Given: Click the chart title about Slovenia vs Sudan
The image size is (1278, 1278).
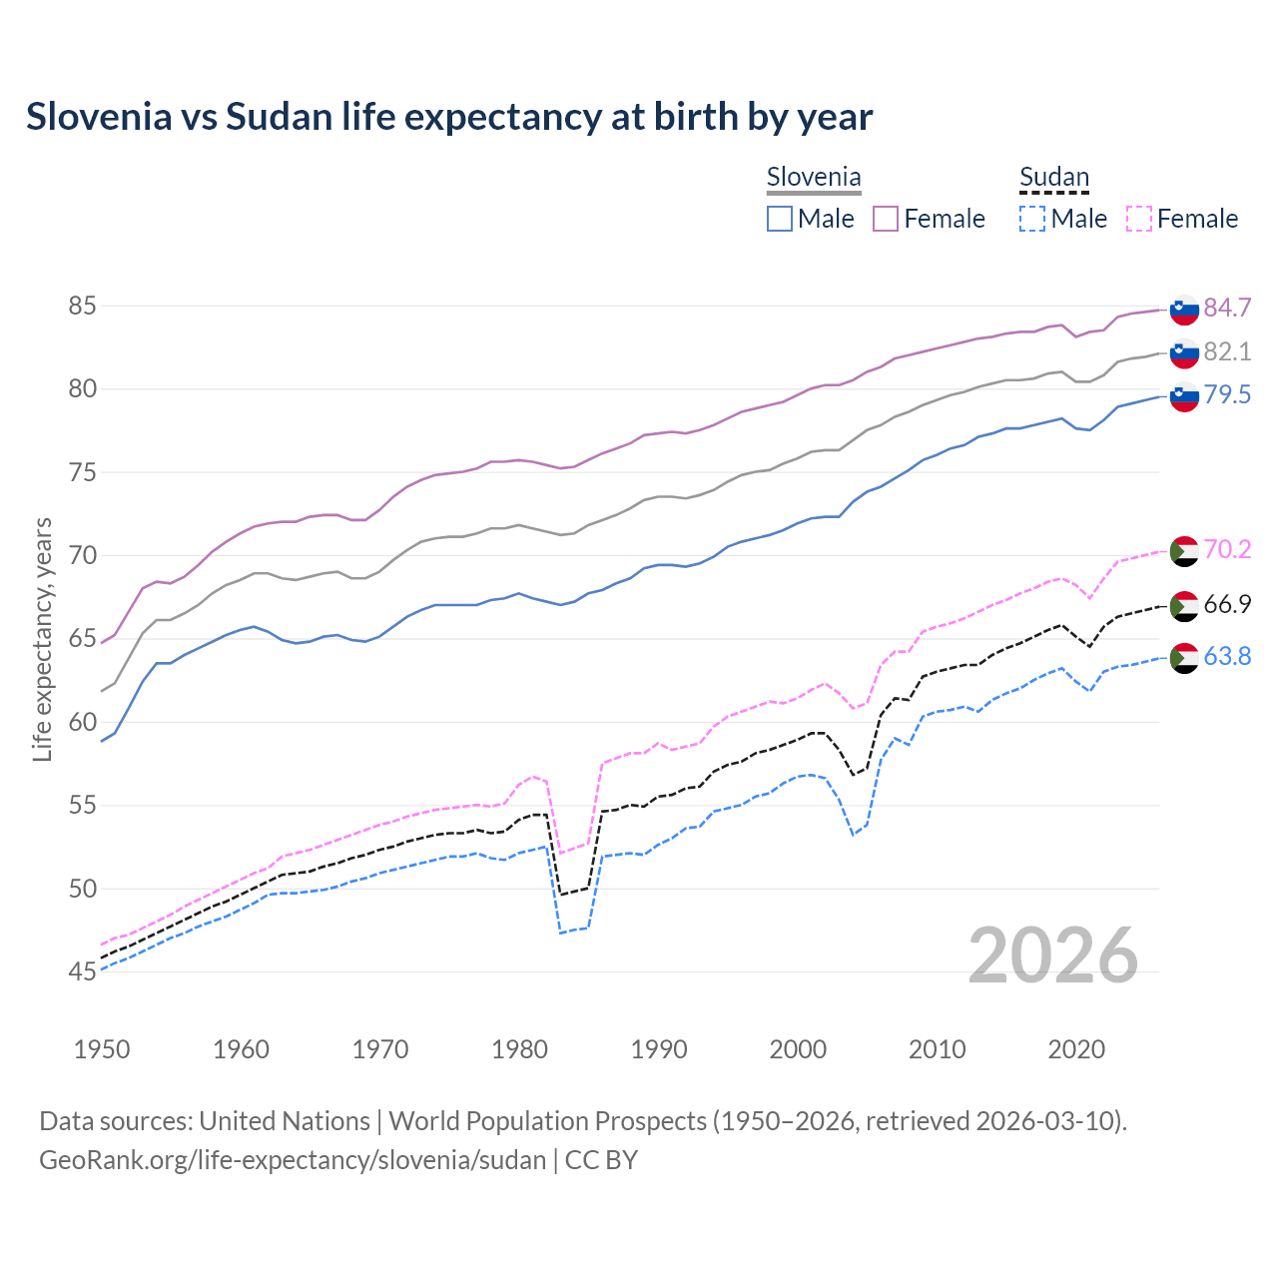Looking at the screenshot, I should [449, 117].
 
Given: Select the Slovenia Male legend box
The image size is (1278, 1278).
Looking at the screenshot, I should [780, 219].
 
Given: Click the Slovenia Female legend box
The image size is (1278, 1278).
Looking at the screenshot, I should [886, 219].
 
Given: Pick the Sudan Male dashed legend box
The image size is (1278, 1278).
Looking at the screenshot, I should [1032, 219].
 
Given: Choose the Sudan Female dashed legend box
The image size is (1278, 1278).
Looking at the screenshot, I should [1139, 219].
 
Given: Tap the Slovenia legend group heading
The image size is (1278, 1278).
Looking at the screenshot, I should [814, 178].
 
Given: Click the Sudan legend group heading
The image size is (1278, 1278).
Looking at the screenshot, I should [1054, 178].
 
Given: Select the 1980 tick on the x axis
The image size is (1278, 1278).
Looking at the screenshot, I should [520, 1049].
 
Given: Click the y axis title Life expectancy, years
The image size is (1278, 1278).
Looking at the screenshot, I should [43, 639].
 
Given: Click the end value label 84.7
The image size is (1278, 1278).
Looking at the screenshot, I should [1227, 308].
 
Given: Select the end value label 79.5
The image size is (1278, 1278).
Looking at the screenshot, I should [1227, 394].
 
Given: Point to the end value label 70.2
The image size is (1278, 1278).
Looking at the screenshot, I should [1227, 549].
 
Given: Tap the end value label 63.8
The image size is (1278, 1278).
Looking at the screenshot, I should [1227, 656].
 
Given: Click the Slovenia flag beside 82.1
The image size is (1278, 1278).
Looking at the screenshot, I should [1184, 352].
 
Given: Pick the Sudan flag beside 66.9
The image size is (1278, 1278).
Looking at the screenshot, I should [1184, 605].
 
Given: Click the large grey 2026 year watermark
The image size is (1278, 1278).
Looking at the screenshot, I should [1053, 956].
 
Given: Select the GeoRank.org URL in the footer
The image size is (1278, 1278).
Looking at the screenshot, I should [293, 1160].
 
